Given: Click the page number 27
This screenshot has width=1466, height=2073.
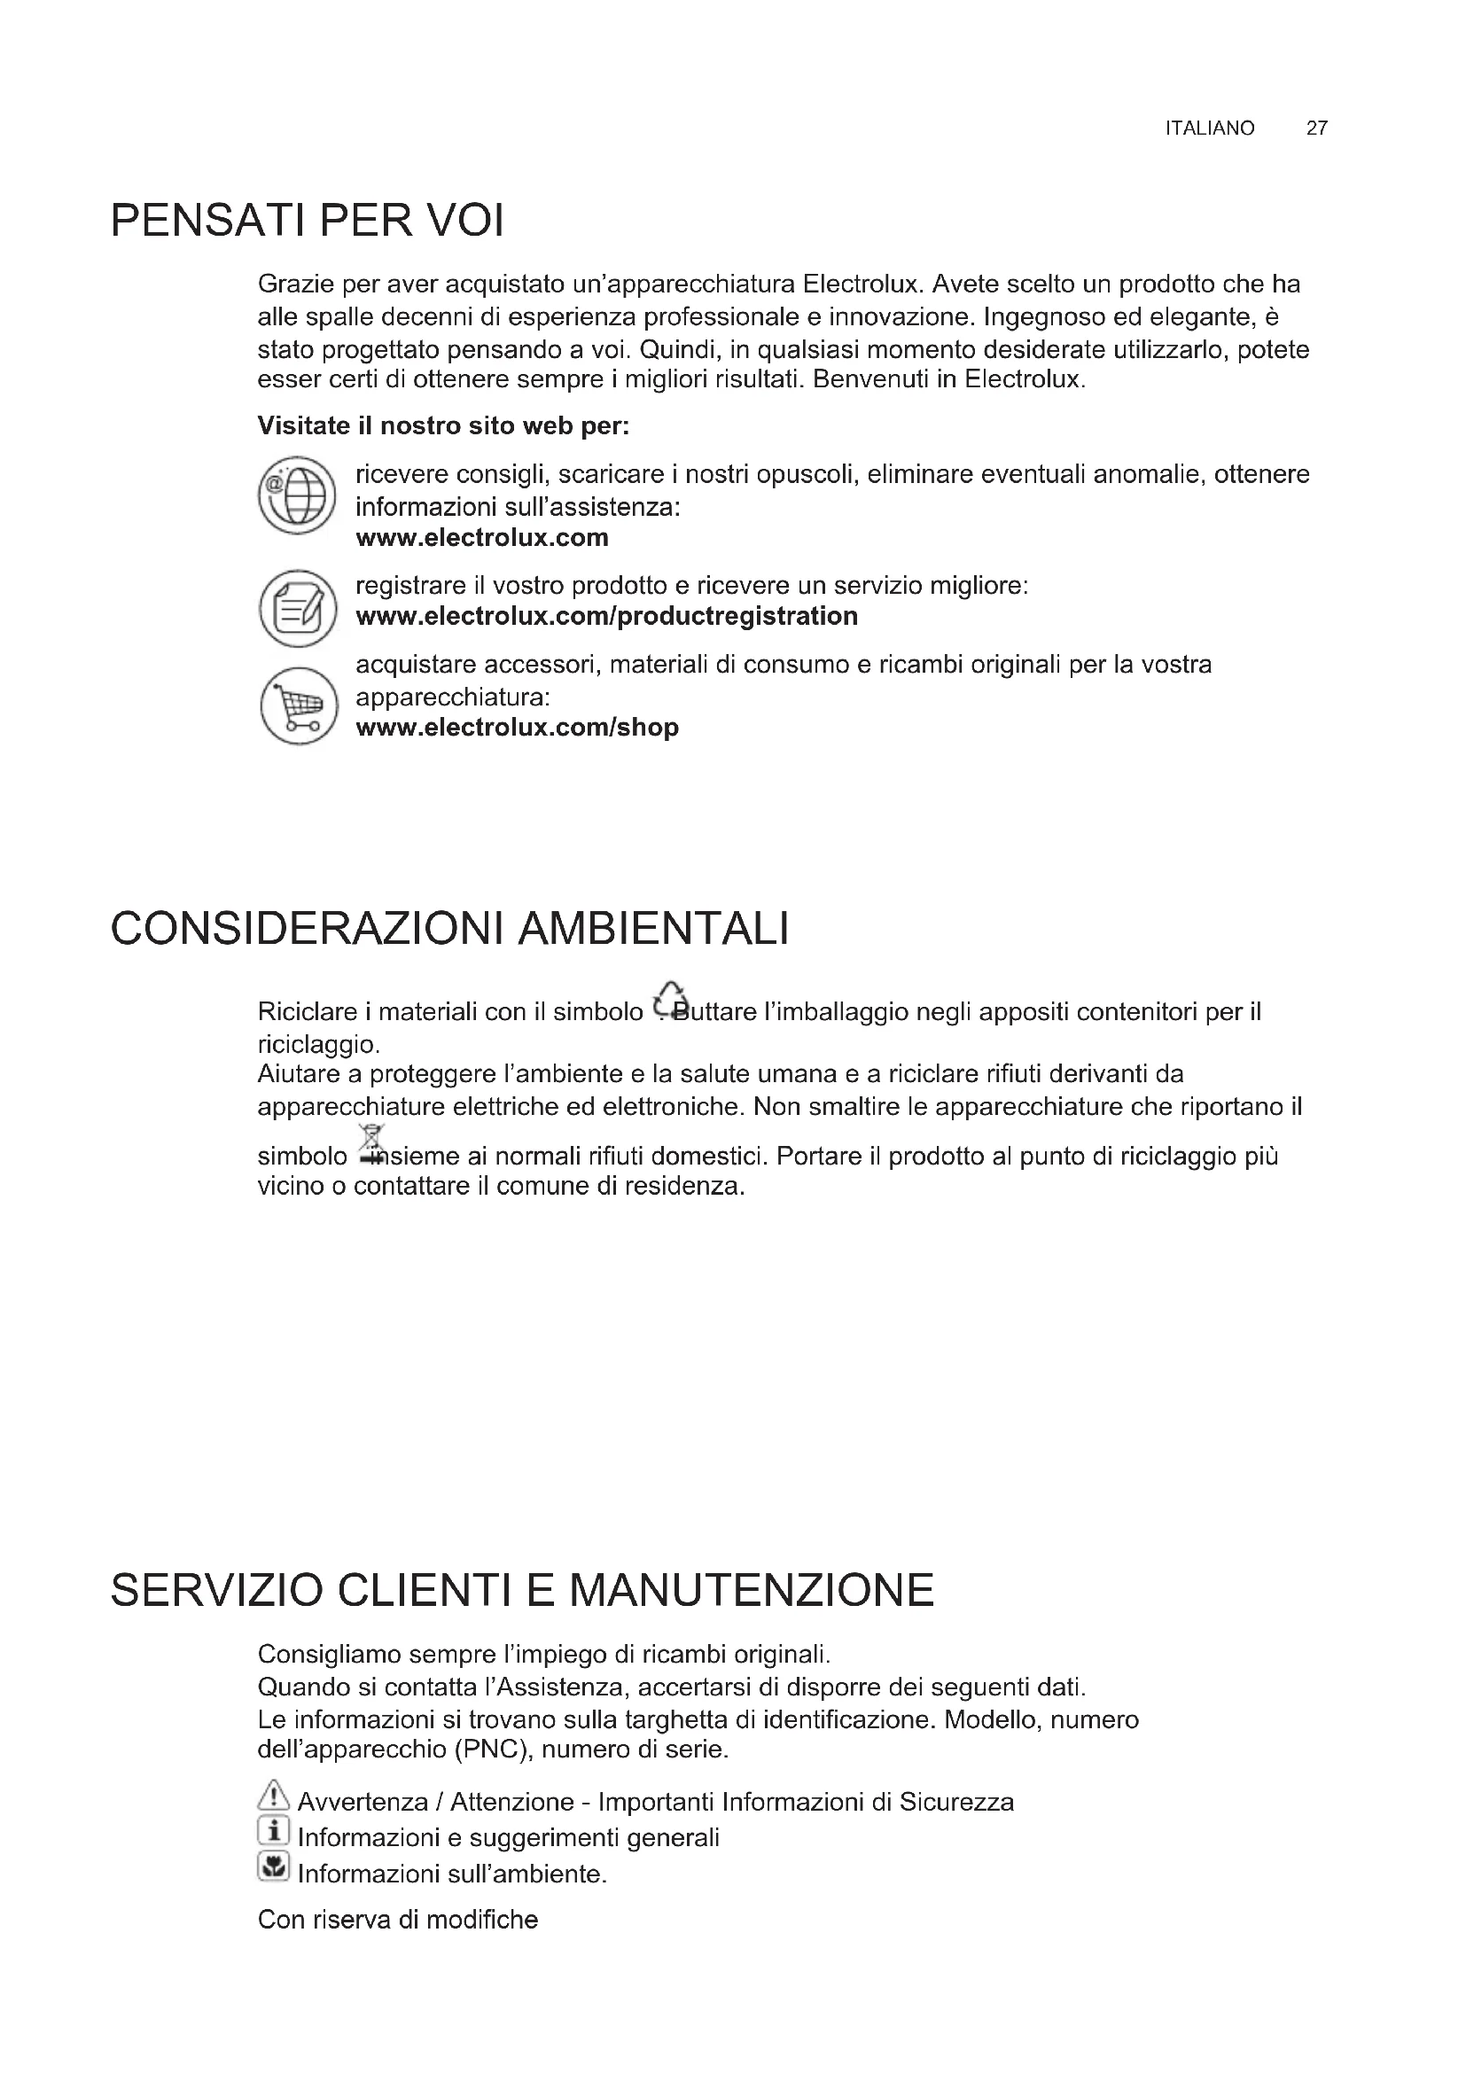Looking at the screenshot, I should click(1316, 129).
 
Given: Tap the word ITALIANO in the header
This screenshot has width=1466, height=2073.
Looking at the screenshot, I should click(1209, 129).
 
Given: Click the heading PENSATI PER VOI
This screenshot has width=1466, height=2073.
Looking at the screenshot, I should click(307, 222).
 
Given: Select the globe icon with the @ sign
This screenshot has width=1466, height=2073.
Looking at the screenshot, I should click(297, 495).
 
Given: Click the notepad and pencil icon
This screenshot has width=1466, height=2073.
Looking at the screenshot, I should click(297, 608).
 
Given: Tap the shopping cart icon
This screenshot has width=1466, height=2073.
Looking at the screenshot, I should click(298, 706).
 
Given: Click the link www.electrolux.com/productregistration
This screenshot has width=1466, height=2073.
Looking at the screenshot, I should click(606, 616).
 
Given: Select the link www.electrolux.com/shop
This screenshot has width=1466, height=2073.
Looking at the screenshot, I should click(518, 727).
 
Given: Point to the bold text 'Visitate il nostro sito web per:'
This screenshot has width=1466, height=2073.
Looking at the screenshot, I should click(443, 425).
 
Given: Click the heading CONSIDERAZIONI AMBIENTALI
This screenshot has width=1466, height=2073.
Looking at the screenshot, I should click(449, 929).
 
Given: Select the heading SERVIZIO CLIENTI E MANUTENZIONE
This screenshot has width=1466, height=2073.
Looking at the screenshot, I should click(522, 1590).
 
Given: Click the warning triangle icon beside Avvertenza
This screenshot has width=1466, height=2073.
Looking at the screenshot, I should click(273, 1795).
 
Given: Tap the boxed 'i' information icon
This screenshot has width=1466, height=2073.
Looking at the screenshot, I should click(273, 1830).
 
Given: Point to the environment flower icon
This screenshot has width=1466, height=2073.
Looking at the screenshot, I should click(273, 1866).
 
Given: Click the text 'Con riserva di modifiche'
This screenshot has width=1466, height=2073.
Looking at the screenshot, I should click(397, 1919).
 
